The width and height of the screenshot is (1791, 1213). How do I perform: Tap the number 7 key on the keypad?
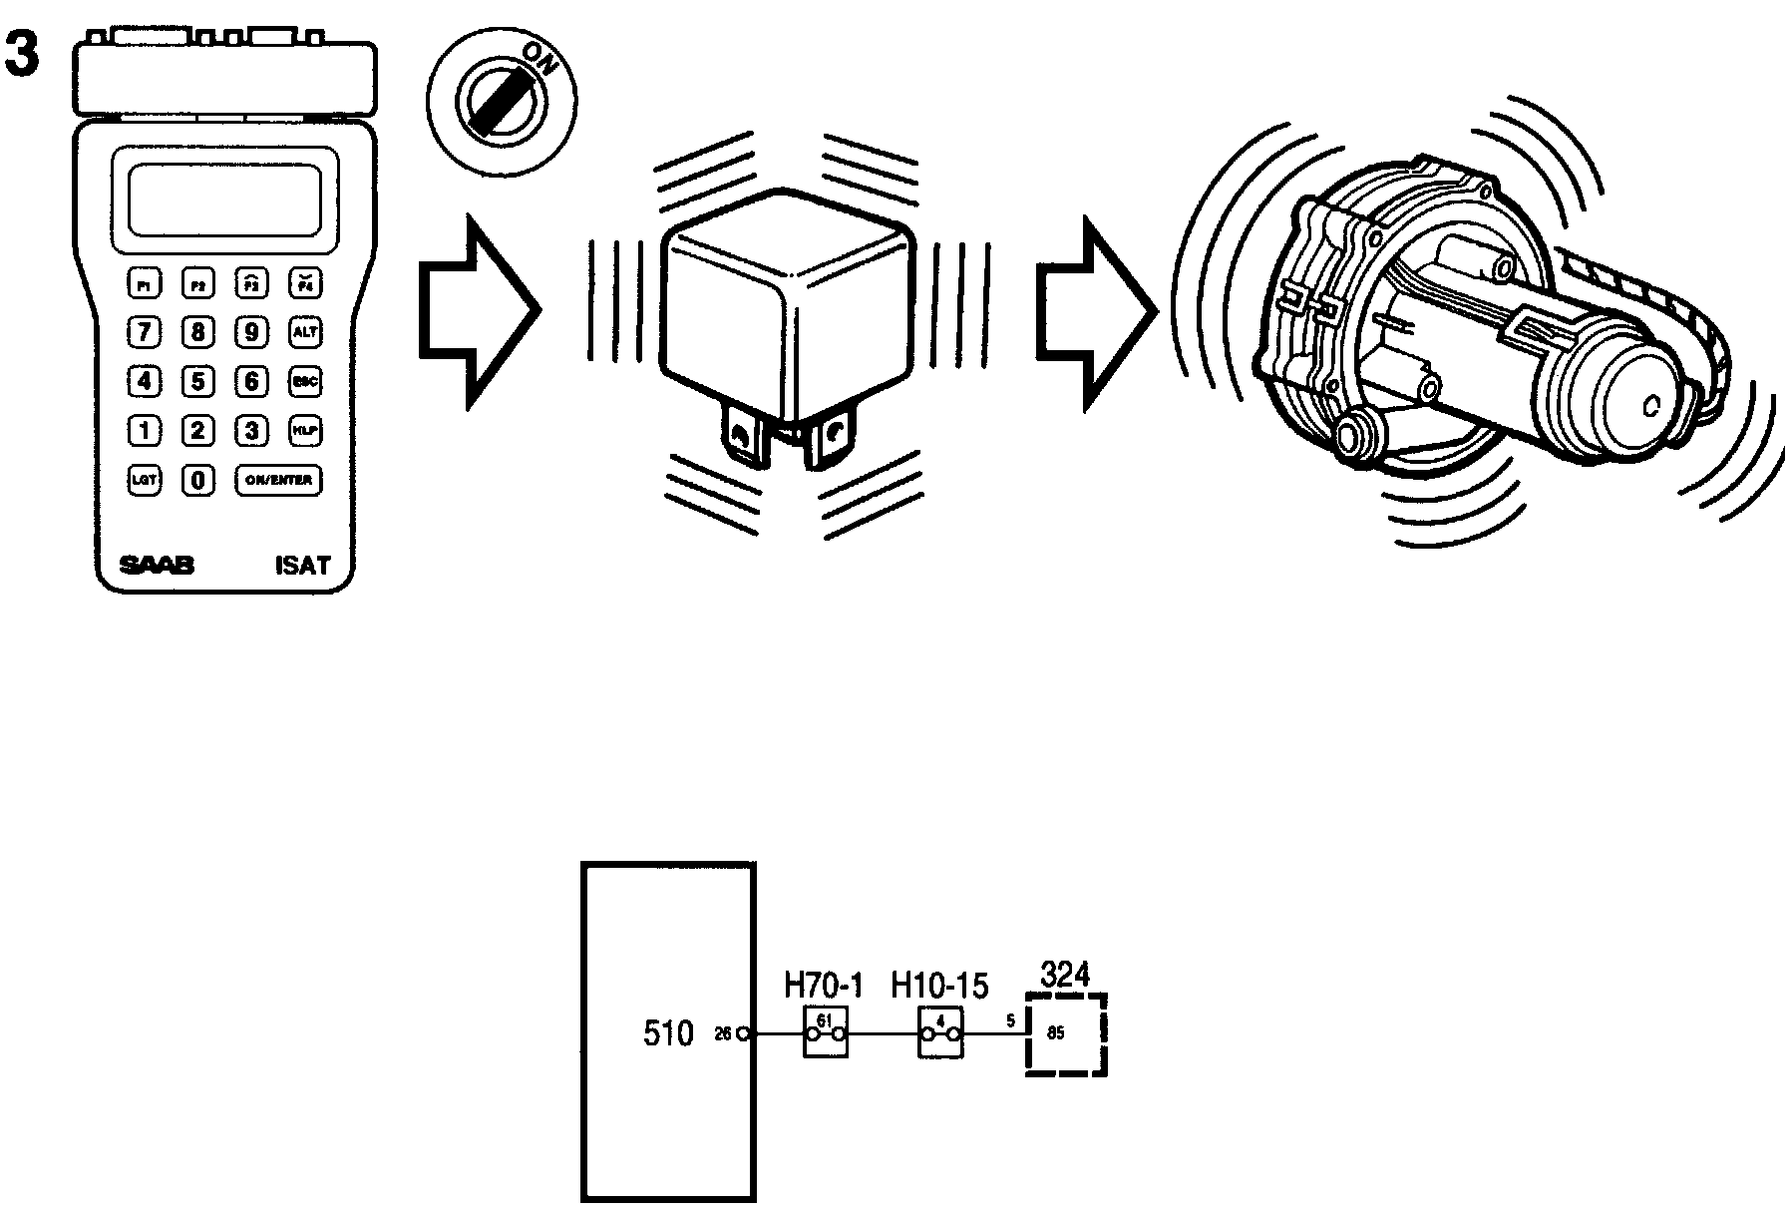[146, 332]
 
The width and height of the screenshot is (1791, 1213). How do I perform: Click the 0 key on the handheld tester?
[198, 480]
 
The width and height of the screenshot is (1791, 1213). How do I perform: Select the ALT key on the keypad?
[304, 332]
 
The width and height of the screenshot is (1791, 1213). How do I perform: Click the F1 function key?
[146, 284]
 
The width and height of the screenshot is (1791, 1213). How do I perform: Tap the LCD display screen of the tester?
[225, 200]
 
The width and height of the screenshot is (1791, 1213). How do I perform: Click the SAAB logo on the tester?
[157, 566]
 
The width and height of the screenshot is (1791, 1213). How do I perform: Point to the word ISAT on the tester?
[301, 566]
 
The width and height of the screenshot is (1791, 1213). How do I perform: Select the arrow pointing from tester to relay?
[478, 311]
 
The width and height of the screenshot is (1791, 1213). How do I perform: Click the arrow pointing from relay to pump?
[1095, 311]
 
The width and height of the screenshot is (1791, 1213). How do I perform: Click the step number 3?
[22, 55]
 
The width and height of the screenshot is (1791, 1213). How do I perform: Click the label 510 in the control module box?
[667, 1033]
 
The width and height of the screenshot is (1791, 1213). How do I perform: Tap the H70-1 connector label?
[823, 987]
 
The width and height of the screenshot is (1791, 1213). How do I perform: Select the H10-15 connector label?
[939, 987]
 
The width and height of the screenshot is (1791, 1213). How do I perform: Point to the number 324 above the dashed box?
[1065, 974]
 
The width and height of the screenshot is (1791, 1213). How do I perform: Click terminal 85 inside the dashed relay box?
[1056, 1033]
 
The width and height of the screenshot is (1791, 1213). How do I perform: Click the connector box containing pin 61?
[826, 1032]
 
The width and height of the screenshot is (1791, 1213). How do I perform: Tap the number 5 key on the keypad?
[198, 381]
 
